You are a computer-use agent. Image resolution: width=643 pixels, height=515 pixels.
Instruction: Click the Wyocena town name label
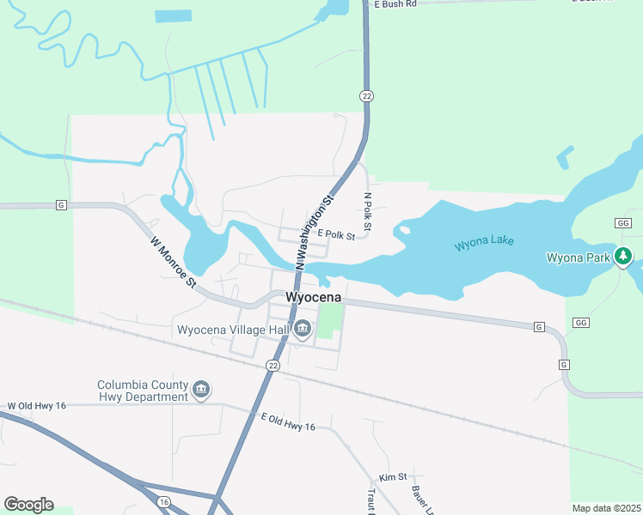[x=313, y=298]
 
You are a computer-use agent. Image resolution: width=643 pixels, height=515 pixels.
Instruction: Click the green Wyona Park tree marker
[x=623, y=257]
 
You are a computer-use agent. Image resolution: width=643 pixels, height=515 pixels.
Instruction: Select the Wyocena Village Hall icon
[x=303, y=329]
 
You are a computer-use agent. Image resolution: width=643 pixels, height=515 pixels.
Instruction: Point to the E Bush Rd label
[x=395, y=4]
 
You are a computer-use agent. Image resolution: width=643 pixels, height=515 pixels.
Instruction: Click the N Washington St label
[x=315, y=234]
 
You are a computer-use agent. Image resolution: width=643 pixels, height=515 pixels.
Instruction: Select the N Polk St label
[x=367, y=213]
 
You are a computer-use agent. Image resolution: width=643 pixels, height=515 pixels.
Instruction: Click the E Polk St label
[x=336, y=234]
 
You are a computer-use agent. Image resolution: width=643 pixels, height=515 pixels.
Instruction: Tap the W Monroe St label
[x=174, y=263]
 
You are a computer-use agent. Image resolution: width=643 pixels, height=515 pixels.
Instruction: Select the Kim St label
[x=389, y=478]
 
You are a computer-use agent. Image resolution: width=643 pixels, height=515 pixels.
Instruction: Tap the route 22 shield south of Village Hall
[x=273, y=366]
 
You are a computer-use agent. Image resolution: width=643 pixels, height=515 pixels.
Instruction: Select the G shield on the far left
[x=61, y=205]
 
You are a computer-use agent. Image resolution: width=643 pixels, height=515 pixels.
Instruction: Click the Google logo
[x=28, y=505]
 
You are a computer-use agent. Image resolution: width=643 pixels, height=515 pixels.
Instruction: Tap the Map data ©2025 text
[x=606, y=508]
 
